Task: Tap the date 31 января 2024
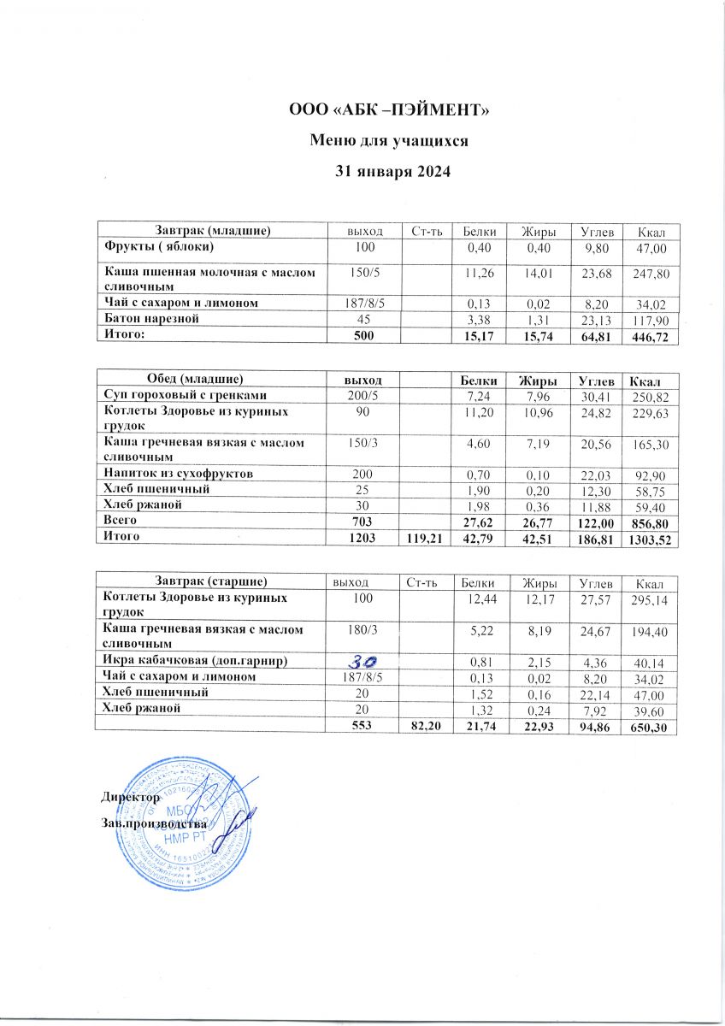[390, 171]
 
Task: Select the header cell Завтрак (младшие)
[213, 230]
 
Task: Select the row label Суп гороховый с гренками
[180, 396]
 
